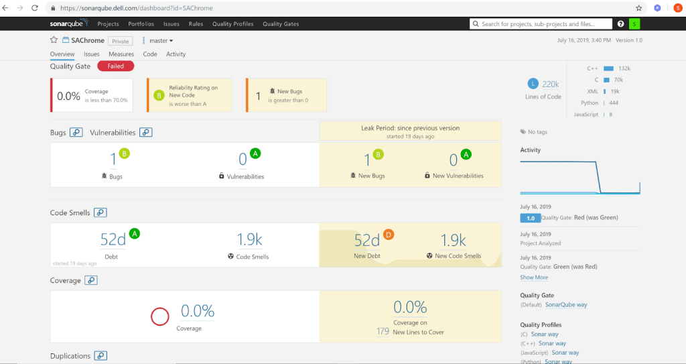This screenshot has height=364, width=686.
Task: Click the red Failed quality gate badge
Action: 115,66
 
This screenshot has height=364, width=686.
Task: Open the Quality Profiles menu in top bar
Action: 232,24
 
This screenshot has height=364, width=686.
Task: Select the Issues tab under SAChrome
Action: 92,54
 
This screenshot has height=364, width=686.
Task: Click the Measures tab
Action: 121,54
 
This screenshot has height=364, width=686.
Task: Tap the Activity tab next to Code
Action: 176,54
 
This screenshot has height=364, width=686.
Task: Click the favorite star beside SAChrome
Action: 54,41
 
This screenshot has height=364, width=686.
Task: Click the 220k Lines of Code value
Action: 551,84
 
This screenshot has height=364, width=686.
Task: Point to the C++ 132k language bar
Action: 608,68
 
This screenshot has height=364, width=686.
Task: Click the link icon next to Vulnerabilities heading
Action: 145,133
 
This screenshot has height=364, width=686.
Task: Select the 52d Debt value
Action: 113,239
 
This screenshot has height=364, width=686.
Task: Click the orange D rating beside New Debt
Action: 389,235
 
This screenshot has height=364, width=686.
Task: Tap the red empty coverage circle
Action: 159,316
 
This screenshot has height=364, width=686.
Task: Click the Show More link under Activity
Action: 534,278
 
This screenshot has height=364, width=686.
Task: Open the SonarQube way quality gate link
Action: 565,305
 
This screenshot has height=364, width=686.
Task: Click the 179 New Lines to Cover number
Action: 383,332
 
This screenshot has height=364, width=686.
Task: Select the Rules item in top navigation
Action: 196,24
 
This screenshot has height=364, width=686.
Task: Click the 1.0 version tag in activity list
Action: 530,218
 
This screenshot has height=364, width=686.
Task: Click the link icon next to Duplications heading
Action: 101,356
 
